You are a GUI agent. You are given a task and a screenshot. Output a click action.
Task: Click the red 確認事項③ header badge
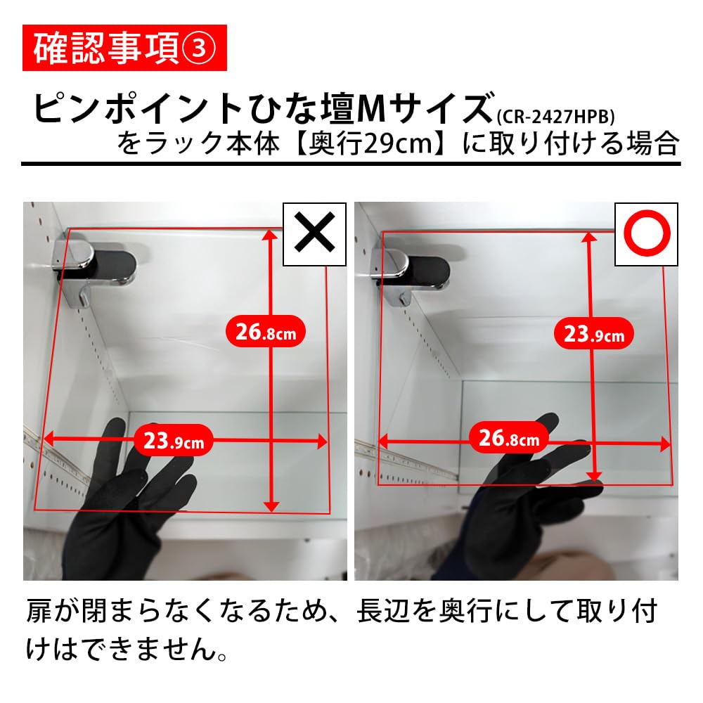tap(124, 47)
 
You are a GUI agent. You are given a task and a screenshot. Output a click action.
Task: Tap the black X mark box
tap(314, 234)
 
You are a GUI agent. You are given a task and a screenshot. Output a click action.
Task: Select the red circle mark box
tap(646, 234)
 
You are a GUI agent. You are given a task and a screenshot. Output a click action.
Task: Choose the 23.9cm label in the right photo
tap(594, 333)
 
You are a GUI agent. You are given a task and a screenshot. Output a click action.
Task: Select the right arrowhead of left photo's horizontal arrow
tap(323, 441)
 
